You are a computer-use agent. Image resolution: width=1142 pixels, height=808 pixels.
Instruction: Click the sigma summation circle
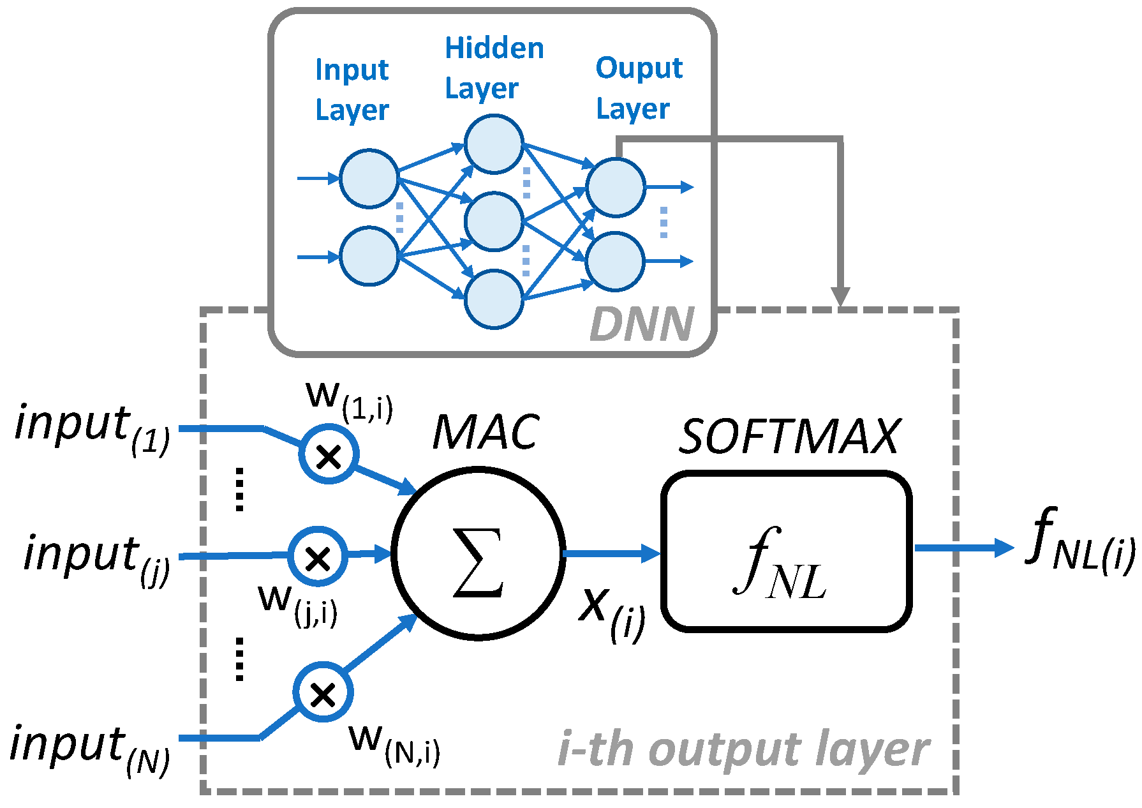click(x=478, y=553)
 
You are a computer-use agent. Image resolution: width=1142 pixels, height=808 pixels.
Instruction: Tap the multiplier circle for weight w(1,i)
click(x=329, y=454)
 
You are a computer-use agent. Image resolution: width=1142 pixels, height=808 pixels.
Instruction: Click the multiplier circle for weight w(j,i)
click(x=318, y=557)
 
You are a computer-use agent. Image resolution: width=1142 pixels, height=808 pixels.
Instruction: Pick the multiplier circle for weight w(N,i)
click(x=323, y=692)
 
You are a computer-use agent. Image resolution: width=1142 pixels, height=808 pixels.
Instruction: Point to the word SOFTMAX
click(x=789, y=438)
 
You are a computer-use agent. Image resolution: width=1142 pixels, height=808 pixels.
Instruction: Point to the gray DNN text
click(x=641, y=325)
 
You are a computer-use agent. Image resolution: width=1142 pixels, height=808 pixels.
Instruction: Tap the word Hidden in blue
click(x=494, y=49)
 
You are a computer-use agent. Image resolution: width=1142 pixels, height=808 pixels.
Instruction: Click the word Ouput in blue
click(x=639, y=68)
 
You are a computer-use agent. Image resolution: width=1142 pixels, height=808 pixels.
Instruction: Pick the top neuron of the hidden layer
click(x=494, y=144)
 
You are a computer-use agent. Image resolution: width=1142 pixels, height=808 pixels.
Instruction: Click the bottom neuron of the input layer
click(x=369, y=256)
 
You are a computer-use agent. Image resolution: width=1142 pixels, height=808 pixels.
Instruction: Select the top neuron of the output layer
click(x=615, y=187)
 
